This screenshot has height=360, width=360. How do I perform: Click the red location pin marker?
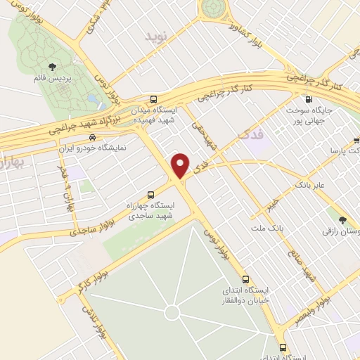(181, 165)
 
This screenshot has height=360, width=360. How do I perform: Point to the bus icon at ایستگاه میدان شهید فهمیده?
(154, 99)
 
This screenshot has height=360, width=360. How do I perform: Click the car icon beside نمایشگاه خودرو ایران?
(92, 139)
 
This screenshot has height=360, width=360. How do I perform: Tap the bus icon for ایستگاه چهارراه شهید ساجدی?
(150, 195)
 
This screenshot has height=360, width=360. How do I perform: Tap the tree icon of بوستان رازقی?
(342, 220)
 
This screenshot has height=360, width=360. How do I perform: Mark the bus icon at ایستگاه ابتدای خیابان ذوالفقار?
(246, 279)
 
